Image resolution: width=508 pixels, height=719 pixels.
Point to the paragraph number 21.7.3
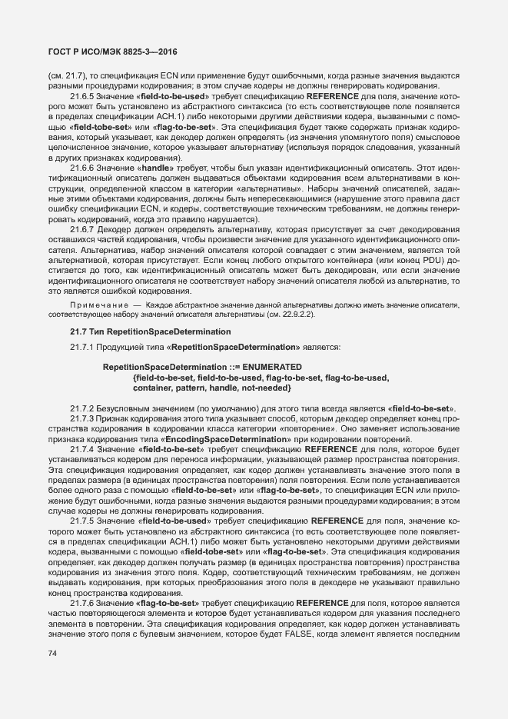point(82,418)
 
